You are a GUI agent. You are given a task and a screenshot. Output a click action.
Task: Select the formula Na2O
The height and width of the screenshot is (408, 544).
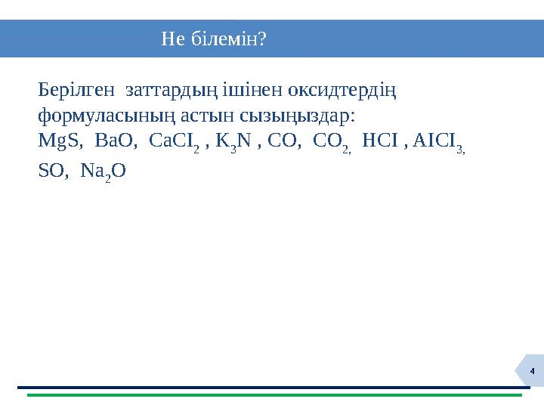pos(102,172)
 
